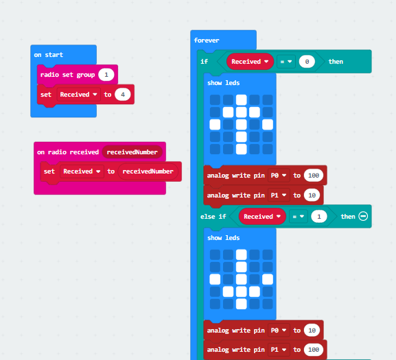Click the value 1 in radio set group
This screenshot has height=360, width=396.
pyautogui.click(x=106, y=75)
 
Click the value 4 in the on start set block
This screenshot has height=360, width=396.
pyautogui.click(x=123, y=95)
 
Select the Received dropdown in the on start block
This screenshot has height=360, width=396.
pyautogui.click(x=78, y=95)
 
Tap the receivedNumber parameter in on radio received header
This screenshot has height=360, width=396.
pyautogui.click(x=132, y=152)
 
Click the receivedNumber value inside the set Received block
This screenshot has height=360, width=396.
pyautogui.click(x=148, y=171)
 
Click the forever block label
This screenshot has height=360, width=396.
pyautogui.click(x=207, y=40)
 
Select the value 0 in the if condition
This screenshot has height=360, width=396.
pyautogui.click(x=307, y=62)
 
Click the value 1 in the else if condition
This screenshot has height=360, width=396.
pyautogui.click(x=319, y=217)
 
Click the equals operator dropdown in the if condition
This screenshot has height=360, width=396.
pyautogui.click(x=286, y=62)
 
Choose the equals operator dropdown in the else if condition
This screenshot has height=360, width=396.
pyautogui.click(x=299, y=217)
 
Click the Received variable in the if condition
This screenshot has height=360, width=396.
pyautogui.click(x=250, y=62)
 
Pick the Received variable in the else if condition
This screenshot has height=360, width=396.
pyautogui.click(x=262, y=217)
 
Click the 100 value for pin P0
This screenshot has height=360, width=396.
pyautogui.click(x=314, y=176)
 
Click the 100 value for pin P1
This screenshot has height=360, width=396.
pyautogui.click(x=314, y=350)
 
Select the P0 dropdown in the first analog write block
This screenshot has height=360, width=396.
pyautogui.click(x=279, y=176)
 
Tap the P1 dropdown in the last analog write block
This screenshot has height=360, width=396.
pyautogui.click(x=279, y=350)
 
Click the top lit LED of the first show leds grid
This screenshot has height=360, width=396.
pyautogui.click(x=241, y=100)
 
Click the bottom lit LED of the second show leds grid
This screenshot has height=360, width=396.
pyautogui.click(x=241, y=304)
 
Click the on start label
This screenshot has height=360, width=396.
pyautogui.click(x=49, y=55)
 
